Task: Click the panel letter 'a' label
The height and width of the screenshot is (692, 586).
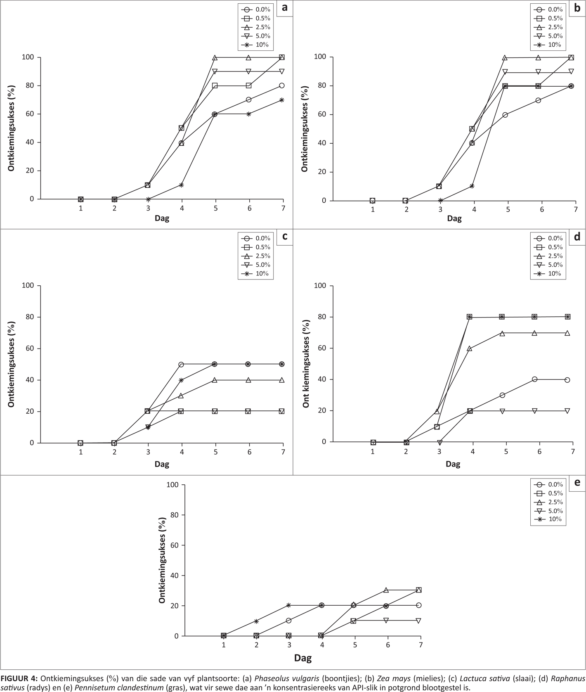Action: pos(284,8)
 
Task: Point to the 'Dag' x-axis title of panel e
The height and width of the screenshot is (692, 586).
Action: pos(303,658)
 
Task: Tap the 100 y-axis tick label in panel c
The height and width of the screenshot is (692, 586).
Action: pos(30,286)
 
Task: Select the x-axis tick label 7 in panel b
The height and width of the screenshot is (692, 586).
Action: pos(575,210)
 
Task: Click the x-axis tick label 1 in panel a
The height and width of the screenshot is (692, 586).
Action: pos(81,208)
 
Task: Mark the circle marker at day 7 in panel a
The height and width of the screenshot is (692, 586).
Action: pos(282,85)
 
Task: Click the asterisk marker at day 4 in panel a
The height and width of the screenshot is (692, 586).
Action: pos(181,185)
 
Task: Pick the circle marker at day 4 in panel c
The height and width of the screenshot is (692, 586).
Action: pos(181,364)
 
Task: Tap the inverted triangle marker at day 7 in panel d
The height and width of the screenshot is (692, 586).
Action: pos(567,411)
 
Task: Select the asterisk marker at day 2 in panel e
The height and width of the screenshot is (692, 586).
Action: pos(256,621)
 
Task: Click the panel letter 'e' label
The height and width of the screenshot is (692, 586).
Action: pos(577,482)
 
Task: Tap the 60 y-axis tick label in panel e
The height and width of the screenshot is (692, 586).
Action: pos(174,545)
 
